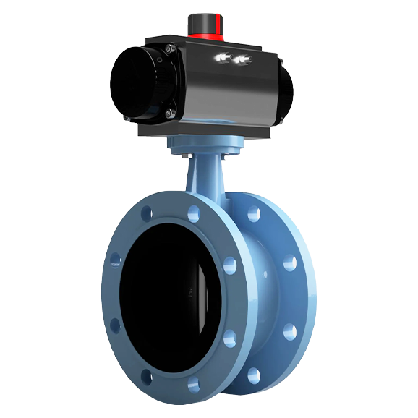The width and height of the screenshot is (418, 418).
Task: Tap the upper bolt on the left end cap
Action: pos(168,49)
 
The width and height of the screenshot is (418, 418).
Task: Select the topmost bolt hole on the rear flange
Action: pos(254,215)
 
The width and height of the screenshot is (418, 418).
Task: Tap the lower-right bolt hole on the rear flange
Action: pos(289,332)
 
